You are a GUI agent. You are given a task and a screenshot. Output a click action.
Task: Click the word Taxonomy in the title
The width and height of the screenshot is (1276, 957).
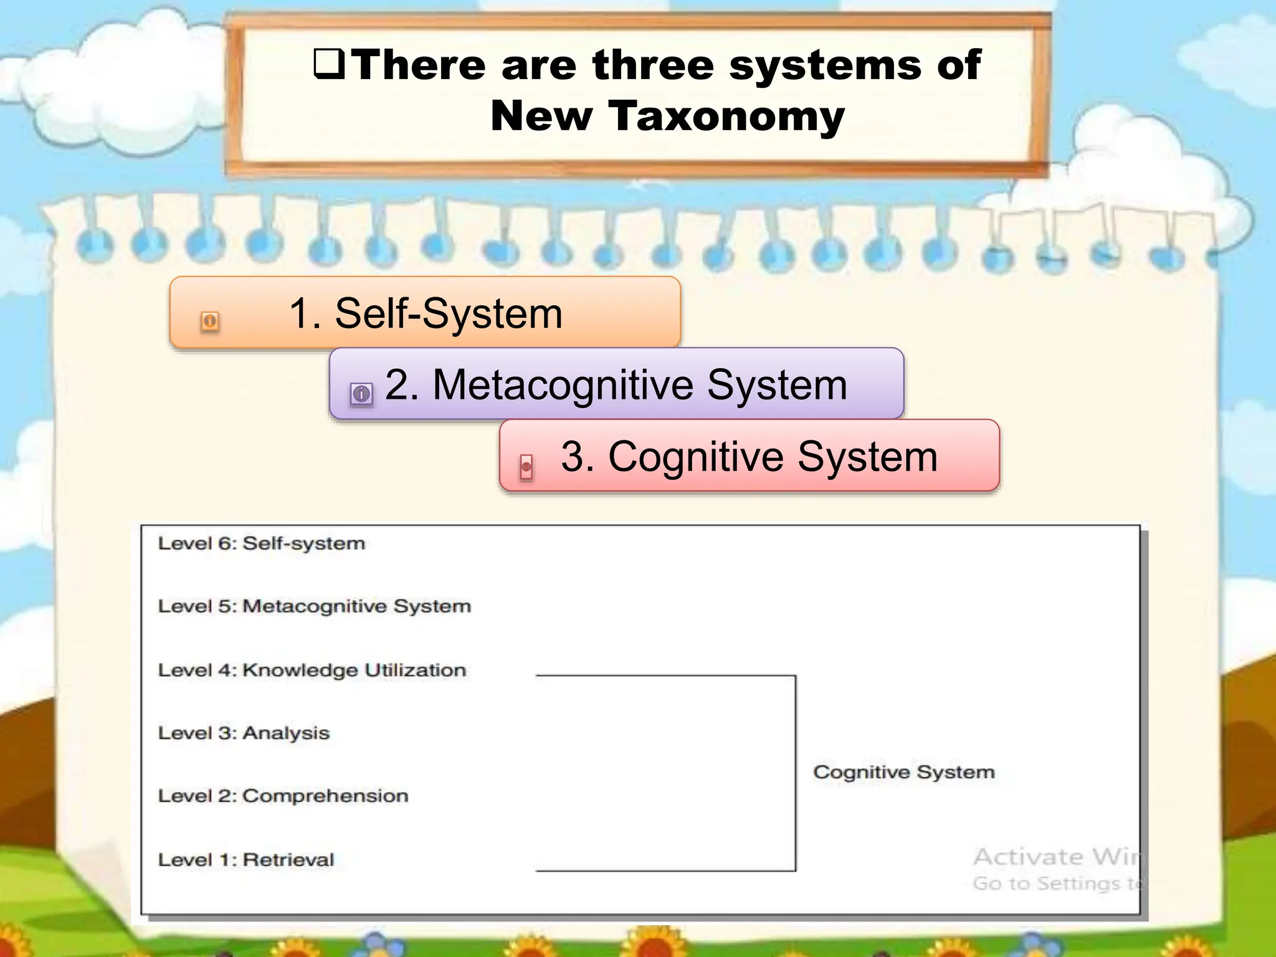tap(726, 117)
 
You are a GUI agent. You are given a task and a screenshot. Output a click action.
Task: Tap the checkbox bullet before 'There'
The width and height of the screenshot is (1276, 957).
tap(329, 64)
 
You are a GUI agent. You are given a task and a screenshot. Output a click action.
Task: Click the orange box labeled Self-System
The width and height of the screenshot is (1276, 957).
tap(425, 313)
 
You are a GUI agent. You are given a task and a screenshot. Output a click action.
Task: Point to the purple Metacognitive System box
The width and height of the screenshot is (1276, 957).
tap(616, 384)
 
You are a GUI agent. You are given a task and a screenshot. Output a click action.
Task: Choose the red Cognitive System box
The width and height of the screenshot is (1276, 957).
tap(749, 456)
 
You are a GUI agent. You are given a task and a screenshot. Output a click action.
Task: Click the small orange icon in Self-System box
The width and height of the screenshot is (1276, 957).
tap(210, 321)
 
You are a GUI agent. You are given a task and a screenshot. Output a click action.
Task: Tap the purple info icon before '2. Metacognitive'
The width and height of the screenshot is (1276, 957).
tap(361, 394)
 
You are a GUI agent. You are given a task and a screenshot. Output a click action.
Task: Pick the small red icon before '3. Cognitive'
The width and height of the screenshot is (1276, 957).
tap(526, 467)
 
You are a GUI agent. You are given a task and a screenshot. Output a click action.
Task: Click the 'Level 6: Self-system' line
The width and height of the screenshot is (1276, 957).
tap(261, 543)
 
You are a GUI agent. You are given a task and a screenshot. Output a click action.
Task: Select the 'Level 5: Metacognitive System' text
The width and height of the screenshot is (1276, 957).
tap(314, 606)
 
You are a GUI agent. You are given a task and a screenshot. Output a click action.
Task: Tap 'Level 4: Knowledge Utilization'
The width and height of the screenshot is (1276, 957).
tap(312, 670)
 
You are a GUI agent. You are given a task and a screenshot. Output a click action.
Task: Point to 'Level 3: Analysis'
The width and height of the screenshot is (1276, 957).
tap(244, 733)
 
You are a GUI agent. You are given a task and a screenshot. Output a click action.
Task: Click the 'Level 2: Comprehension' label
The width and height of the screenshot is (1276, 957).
tap(283, 796)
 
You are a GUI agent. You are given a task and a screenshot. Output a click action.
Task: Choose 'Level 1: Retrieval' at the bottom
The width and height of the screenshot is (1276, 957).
tap(246, 860)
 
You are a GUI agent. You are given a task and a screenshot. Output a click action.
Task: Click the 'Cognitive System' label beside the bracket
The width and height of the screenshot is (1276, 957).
tap(903, 772)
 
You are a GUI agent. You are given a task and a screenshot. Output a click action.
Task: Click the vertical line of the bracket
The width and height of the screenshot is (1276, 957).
tap(796, 773)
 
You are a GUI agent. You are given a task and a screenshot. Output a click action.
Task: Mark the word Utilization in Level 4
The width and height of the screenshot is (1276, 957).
tap(415, 670)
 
